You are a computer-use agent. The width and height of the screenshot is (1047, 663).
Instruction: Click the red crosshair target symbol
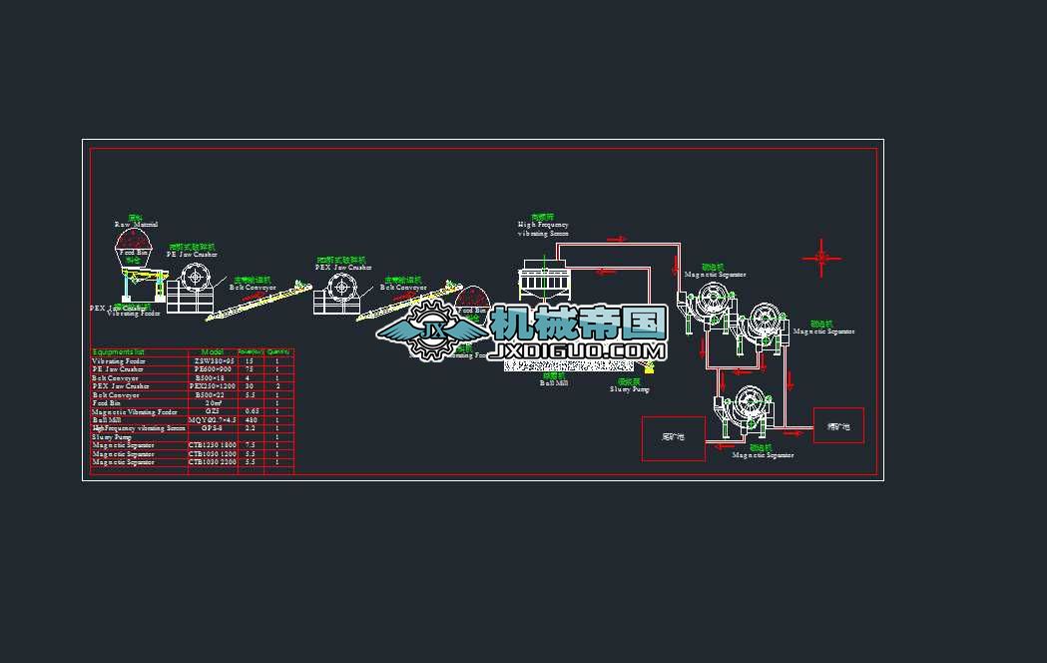click(x=821, y=259)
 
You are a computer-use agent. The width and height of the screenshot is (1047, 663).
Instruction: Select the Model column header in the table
click(x=213, y=351)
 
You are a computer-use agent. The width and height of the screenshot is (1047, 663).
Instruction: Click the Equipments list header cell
click(x=119, y=351)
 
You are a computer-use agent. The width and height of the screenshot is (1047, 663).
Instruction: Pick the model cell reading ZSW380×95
click(x=213, y=360)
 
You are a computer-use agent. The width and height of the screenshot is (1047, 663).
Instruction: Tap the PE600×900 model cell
click(x=213, y=369)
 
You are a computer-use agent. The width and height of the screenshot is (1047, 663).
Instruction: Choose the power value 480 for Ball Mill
click(x=250, y=419)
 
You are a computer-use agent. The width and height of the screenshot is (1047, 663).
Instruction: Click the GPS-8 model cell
click(x=213, y=427)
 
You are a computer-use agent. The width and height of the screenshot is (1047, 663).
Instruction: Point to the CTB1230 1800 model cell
click(x=213, y=444)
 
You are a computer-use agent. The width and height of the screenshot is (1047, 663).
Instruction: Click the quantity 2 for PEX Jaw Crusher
click(x=277, y=385)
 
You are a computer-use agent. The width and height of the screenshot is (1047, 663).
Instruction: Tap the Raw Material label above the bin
click(x=136, y=225)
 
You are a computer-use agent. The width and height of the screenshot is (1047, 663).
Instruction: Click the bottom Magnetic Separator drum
click(x=744, y=409)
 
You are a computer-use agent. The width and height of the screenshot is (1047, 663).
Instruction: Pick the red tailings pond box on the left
click(x=673, y=438)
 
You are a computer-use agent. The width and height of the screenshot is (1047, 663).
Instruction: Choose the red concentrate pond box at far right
click(x=838, y=425)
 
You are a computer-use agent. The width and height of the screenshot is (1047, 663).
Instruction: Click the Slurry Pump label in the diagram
click(x=629, y=389)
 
